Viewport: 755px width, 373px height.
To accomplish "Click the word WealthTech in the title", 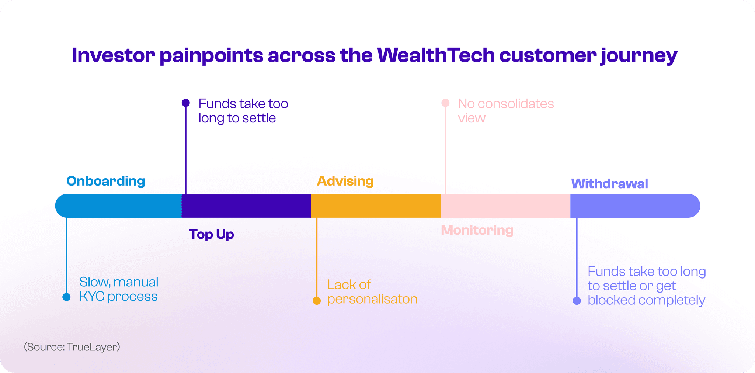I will click(x=436, y=55).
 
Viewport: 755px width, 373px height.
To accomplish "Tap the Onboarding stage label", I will click(x=105, y=181).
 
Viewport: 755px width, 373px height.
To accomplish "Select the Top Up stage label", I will click(x=211, y=234).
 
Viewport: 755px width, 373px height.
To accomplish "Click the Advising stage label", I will click(x=345, y=181).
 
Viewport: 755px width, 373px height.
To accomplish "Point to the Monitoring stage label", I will click(x=477, y=230).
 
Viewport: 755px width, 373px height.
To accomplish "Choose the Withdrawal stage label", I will click(x=609, y=184).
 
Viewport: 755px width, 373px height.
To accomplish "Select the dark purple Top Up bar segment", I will click(x=246, y=206).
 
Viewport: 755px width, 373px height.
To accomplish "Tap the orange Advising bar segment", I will click(x=376, y=206).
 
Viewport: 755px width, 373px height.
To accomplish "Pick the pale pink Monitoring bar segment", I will click(x=505, y=206).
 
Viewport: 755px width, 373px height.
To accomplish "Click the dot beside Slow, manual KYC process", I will click(x=66, y=297).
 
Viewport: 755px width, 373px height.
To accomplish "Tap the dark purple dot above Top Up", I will click(x=186, y=103).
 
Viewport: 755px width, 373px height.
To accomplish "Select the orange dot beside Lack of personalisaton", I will click(x=317, y=301).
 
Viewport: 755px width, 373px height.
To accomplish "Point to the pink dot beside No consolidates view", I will click(x=445, y=103).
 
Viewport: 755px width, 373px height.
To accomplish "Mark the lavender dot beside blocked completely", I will click(x=577, y=301).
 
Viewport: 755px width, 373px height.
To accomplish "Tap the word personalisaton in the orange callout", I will click(x=372, y=299).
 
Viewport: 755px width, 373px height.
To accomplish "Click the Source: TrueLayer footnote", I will click(x=72, y=347).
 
